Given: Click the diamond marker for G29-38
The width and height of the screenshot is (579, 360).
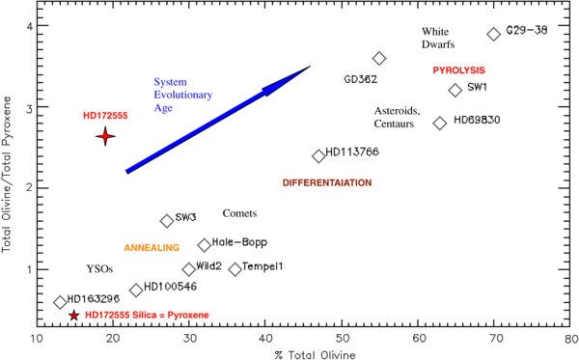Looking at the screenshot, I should click(494, 34).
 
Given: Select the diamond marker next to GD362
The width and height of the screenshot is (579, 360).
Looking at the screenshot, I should click(379, 59).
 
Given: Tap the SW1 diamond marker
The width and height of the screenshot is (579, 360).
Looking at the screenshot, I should click(455, 91).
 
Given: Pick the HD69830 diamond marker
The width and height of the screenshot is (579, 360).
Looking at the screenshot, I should click(440, 123).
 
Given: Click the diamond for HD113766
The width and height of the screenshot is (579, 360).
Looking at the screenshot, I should click(318, 155).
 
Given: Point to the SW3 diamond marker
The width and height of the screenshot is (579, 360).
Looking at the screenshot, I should click(166, 221).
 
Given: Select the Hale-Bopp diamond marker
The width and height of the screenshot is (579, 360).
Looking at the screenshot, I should click(205, 245).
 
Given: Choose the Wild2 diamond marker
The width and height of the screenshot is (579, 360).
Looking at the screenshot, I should click(189, 269).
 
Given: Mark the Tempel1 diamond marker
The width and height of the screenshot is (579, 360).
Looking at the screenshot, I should click(234, 269).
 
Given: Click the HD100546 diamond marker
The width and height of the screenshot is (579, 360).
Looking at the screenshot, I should click(136, 290).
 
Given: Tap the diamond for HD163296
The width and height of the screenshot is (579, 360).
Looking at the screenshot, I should click(60, 302).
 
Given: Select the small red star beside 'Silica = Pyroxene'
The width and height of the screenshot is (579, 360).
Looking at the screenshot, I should click(74, 315).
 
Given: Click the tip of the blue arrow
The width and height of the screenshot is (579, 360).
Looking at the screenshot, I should click(310, 67).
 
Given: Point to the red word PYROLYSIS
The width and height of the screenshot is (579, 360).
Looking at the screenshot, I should click(457, 70).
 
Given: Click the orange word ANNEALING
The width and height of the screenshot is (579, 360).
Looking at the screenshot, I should click(153, 248).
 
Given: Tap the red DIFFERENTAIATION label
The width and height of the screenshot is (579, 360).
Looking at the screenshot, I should click(327, 182).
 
